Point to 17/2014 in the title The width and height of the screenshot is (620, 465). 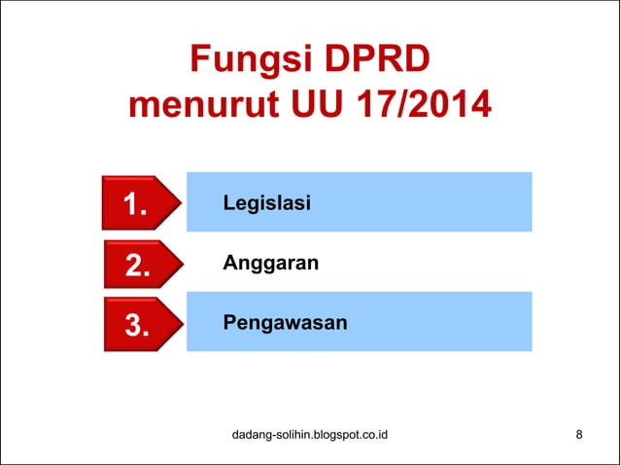click(427, 104)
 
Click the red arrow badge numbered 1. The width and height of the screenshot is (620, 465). click(140, 203)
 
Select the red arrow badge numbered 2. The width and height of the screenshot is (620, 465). click(140, 265)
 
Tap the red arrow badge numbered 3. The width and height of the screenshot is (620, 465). click(140, 325)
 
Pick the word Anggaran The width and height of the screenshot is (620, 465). click(271, 263)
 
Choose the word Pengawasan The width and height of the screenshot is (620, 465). click(285, 321)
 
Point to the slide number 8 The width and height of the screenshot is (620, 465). click(579, 434)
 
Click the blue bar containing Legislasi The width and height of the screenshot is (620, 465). click(418, 201)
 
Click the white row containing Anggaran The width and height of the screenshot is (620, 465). click(418, 263)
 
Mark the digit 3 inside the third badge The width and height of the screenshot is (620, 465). click(136, 326)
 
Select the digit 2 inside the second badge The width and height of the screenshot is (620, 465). click(136, 266)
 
